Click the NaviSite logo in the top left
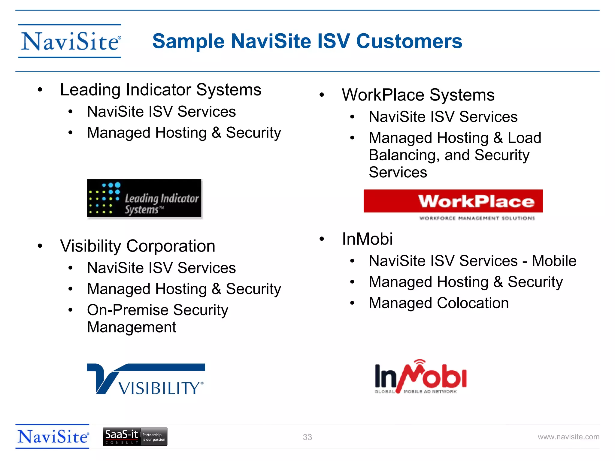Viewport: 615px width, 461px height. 70,41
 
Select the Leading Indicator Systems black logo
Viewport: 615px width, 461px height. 144,198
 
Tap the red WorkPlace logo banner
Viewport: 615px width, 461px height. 453,201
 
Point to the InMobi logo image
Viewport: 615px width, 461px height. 420,377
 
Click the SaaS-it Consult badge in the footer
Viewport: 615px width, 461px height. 135,437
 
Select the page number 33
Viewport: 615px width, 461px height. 307,437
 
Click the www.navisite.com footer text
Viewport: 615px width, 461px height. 568,437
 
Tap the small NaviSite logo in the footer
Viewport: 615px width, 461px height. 53,436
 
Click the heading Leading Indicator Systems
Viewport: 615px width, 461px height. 161,90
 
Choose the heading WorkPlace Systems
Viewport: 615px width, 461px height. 418,95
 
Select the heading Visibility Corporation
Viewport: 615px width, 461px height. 138,246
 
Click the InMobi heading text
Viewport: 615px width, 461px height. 367,239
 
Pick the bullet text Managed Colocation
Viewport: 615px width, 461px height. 439,303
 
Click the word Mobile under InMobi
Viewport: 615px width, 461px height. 554,261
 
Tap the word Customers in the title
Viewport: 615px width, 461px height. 409,41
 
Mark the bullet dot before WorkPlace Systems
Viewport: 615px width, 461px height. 322,95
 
